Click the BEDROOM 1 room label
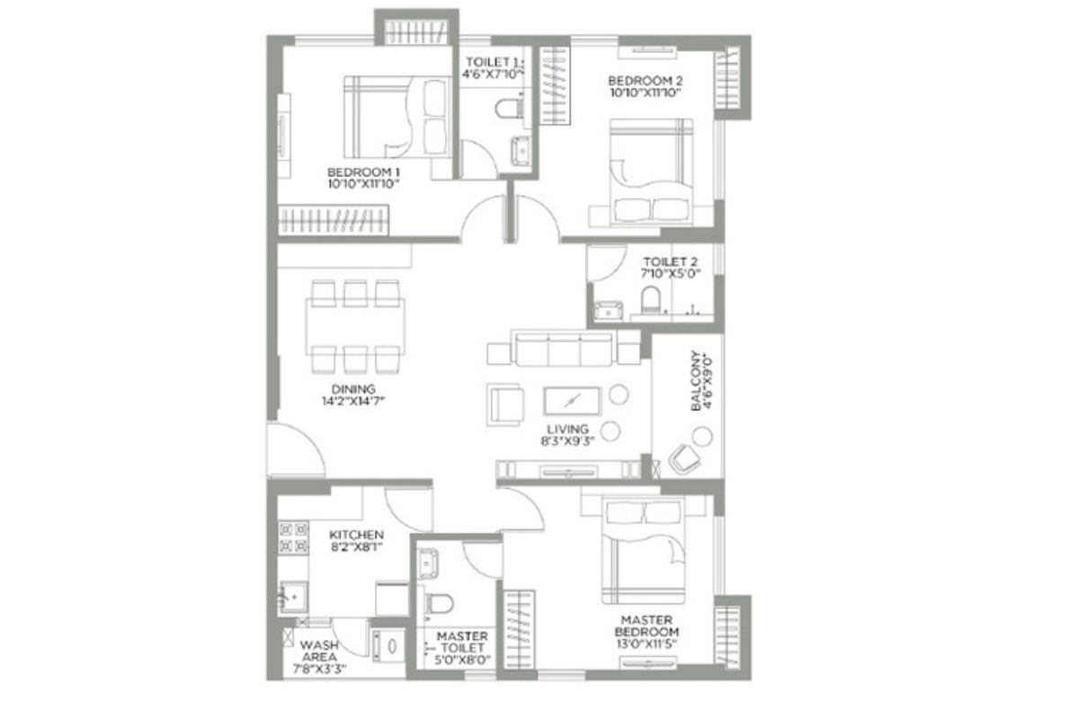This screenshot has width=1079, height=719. click(x=363, y=172)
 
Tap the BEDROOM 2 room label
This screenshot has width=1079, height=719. click(x=645, y=80)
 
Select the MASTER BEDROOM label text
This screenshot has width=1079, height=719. click(x=647, y=626)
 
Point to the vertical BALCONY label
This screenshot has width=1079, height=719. click(x=696, y=380)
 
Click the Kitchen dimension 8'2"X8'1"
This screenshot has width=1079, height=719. click(x=356, y=547)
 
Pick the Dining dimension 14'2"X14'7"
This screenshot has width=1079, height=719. click(x=353, y=401)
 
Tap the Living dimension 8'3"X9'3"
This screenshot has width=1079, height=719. click(x=567, y=440)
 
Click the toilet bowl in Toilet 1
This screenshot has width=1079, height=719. click(x=509, y=109)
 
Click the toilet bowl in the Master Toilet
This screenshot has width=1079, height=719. click(x=439, y=603)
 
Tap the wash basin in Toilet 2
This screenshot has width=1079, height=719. click(x=608, y=311)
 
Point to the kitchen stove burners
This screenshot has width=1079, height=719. click(x=293, y=537)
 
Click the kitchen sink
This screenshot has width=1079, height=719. click(x=293, y=597)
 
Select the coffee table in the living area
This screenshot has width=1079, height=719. click(x=572, y=401)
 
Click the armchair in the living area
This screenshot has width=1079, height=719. click(x=505, y=404)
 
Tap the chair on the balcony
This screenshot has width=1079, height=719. click(x=684, y=459)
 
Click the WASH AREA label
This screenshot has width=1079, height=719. click(x=319, y=651)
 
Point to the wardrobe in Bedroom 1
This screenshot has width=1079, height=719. click(x=334, y=220)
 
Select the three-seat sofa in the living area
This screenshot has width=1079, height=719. click(x=564, y=348)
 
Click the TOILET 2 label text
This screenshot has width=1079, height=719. click(x=671, y=262)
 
